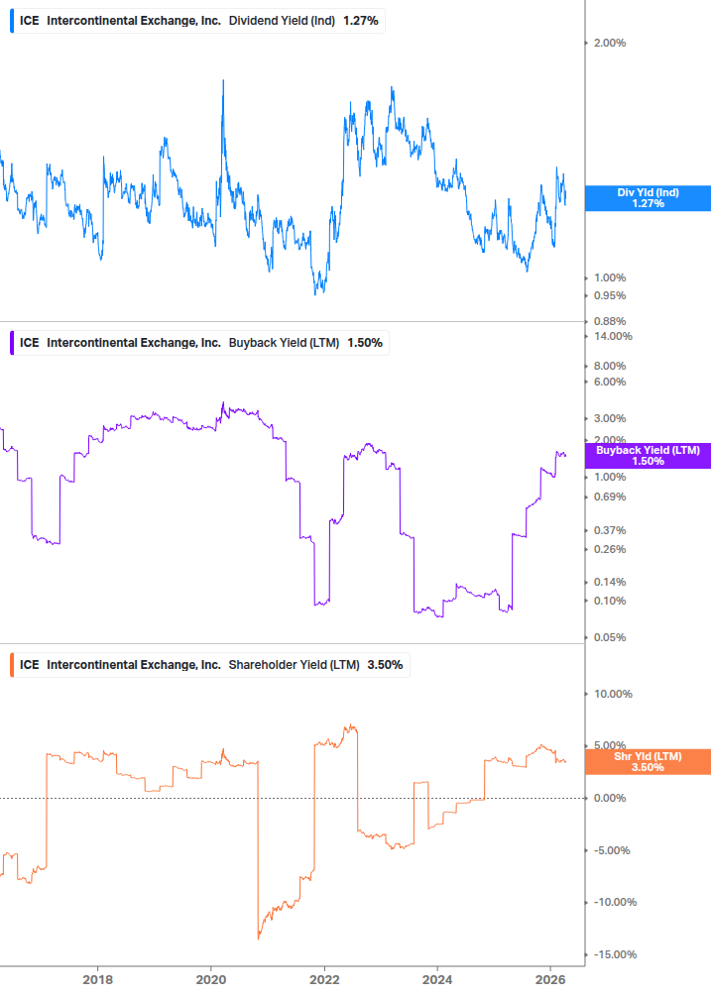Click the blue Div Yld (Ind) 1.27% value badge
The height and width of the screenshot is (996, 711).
648,197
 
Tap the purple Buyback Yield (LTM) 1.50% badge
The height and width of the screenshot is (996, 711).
648,456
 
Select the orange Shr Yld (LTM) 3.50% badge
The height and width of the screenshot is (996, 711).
648,761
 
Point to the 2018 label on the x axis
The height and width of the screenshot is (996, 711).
97,980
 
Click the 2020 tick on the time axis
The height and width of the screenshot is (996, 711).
211,980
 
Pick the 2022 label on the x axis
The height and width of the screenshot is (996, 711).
324,980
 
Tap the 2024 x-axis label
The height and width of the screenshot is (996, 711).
438,980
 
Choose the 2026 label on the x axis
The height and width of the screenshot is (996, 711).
551,980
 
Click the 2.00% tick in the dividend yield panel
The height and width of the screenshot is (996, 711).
610,43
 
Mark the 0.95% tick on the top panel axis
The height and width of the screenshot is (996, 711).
610,295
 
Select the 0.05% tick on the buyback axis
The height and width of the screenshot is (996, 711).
610,637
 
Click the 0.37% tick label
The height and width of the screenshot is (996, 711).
610,530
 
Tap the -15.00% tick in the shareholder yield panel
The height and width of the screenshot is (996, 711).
612,954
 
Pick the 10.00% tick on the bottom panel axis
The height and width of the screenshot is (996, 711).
612,694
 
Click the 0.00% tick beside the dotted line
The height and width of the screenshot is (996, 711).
610,798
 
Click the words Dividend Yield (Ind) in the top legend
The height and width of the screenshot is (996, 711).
282,21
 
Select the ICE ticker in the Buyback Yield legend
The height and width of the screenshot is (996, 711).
30,343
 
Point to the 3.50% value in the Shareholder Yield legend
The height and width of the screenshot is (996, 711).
385,665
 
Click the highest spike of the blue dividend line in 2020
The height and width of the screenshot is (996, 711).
222,81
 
